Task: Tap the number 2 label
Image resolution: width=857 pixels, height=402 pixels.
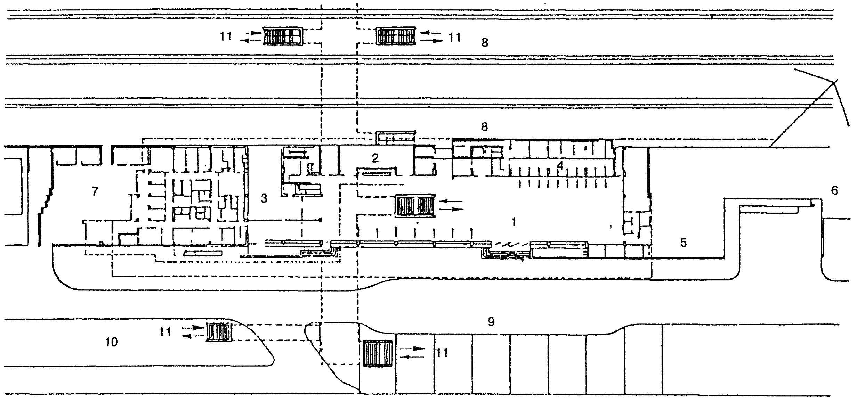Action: [375, 158]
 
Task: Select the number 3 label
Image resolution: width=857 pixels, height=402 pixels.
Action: [264, 199]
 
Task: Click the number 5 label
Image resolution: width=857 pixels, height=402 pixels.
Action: [683, 243]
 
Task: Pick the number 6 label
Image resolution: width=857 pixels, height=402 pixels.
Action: [834, 191]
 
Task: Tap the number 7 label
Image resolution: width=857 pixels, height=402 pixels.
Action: [95, 191]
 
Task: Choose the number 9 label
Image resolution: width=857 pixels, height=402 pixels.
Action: [491, 322]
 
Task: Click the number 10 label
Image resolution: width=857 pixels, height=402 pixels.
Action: [112, 342]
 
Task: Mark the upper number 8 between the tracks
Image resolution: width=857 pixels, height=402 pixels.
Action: [485, 42]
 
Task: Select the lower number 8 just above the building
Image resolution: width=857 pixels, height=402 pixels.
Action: [484, 126]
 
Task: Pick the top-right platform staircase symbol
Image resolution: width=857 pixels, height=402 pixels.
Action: [395, 36]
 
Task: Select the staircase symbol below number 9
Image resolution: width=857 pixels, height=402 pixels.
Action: [377, 354]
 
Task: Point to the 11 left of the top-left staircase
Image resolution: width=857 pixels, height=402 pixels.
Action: [226, 36]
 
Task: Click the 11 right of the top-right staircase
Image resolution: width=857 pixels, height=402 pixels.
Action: [454, 37]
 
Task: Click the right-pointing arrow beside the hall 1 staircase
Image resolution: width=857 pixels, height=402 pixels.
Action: [451, 209]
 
